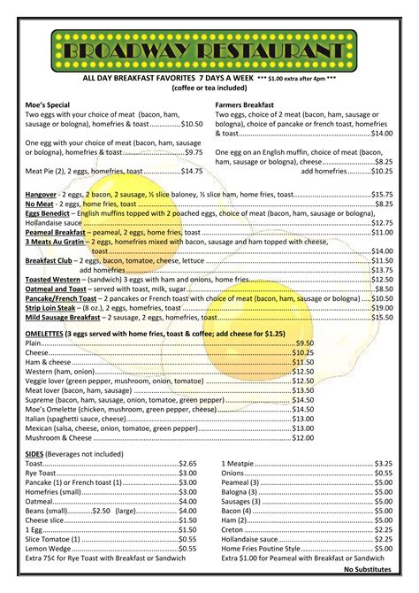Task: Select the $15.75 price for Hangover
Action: coord(382,193)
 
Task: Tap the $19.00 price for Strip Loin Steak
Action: coord(382,307)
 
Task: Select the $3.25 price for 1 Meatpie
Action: coord(383,463)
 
